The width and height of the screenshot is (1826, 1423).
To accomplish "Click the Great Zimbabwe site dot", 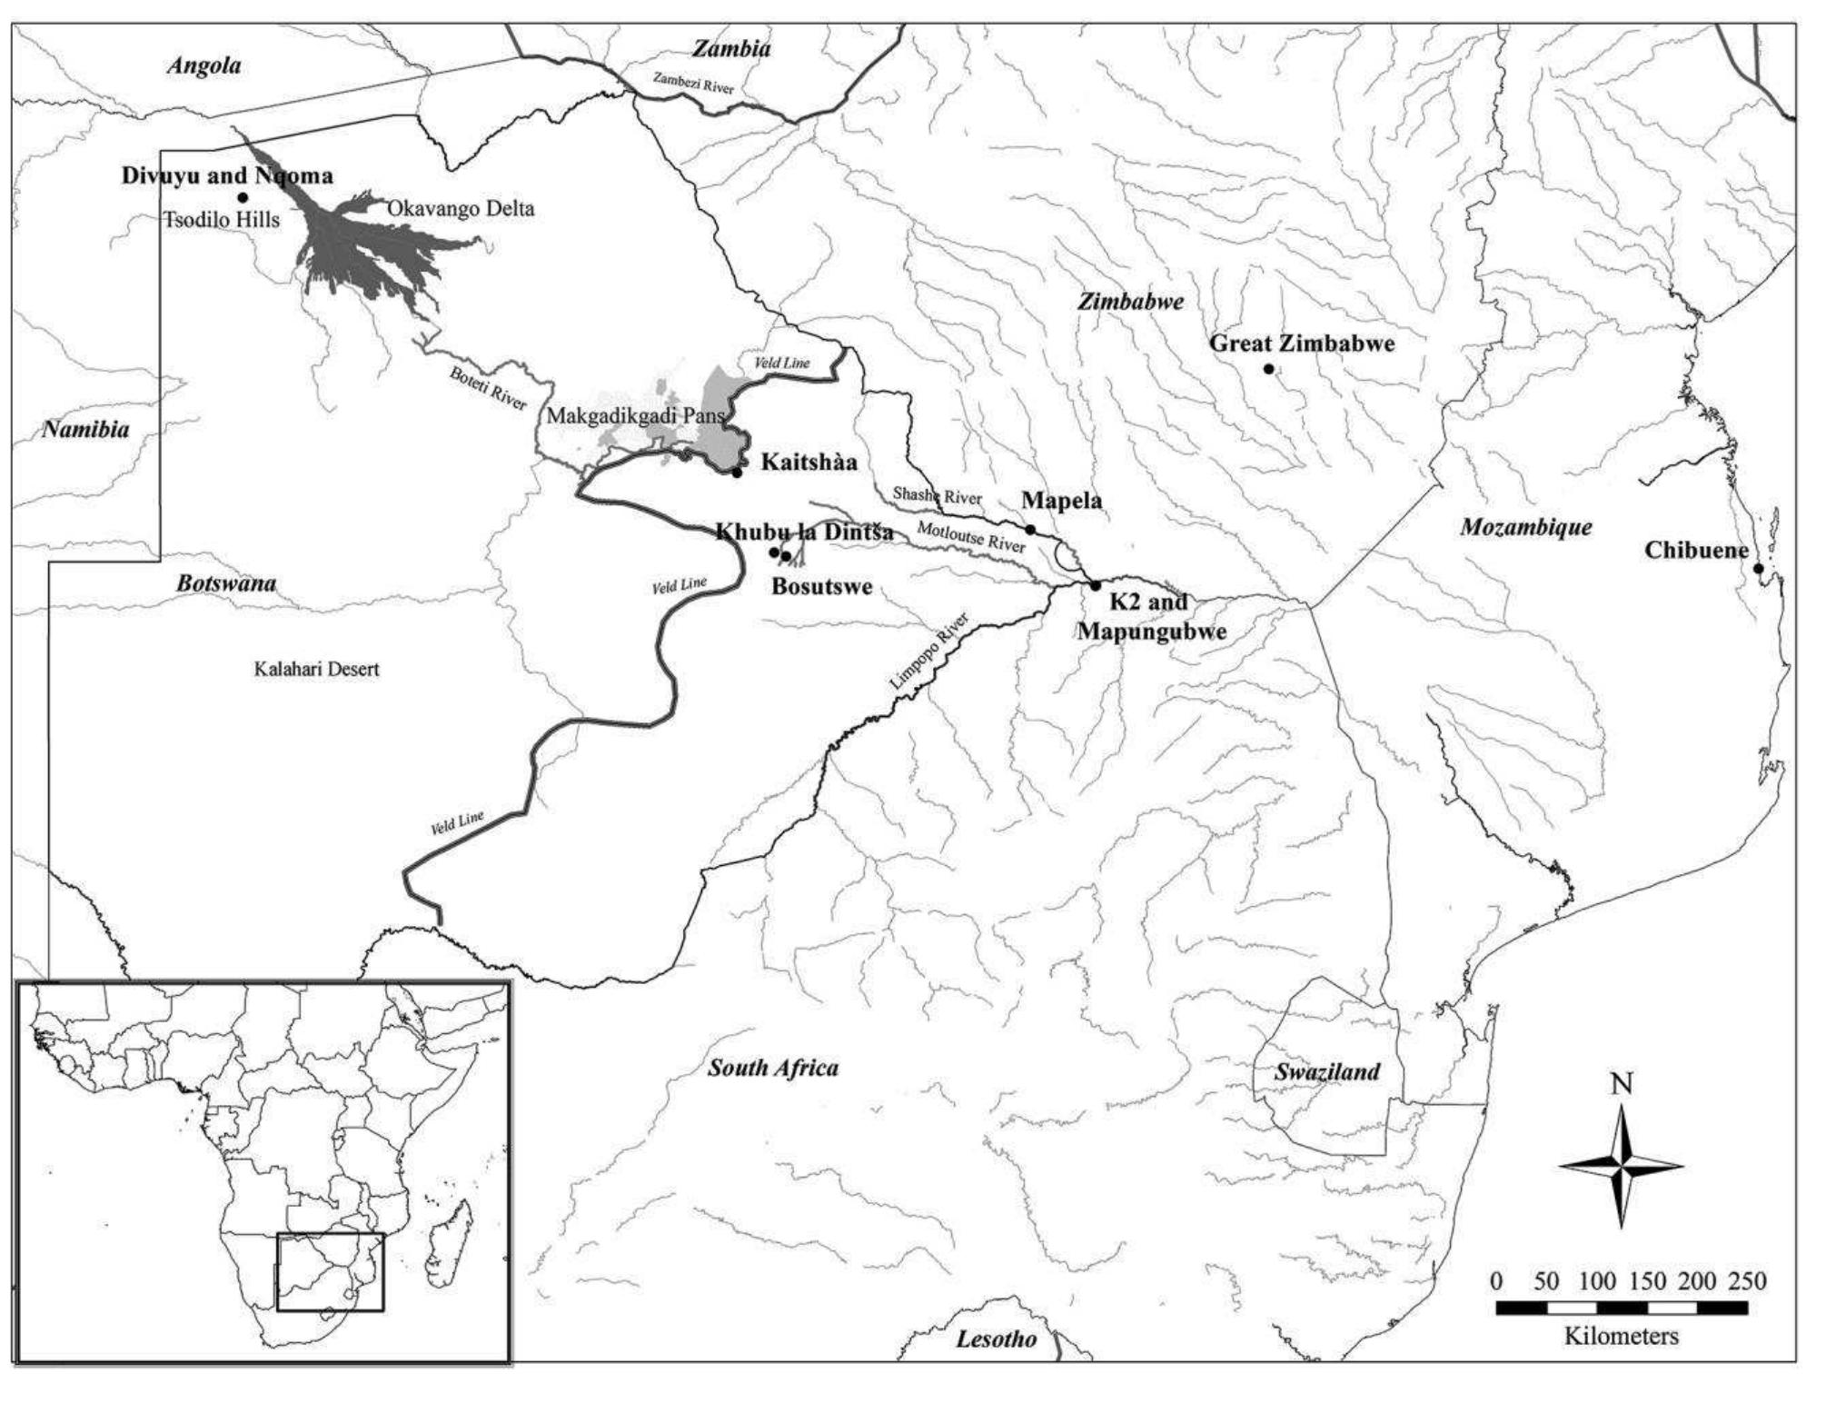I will (x=1268, y=369).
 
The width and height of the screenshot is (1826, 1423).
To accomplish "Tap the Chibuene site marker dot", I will (x=1758, y=569).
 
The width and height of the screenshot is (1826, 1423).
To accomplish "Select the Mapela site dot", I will (x=1030, y=529).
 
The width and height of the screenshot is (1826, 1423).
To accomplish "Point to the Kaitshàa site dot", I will (x=737, y=473).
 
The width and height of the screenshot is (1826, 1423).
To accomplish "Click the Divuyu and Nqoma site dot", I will (x=242, y=197).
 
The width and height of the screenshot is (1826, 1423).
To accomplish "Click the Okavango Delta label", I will (x=461, y=209).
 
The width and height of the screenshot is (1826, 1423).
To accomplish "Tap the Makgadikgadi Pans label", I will (x=635, y=416).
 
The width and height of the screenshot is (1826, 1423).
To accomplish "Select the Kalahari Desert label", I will (x=316, y=670).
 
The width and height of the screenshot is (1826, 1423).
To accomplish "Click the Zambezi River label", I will (x=692, y=83).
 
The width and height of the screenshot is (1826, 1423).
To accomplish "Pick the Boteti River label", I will (x=488, y=388).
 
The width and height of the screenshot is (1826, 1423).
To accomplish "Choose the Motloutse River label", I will (x=970, y=537).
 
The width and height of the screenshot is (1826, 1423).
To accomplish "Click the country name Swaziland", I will (x=1326, y=1072).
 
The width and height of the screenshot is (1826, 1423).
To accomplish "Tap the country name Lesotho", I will (x=996, y=1339).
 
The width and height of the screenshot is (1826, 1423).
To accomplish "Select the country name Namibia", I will (x=85, y=430).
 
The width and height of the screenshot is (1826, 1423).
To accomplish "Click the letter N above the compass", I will (x=1622, y=1084).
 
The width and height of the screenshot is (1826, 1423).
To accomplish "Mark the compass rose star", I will (x=1622, y=1167).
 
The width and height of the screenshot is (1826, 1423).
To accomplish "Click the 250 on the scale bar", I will (x=1747, y=1282).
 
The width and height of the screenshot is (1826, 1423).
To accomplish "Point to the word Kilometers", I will (x=1621, y=1337).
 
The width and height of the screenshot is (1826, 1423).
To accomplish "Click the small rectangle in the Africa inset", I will (x=330, y=1271).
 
